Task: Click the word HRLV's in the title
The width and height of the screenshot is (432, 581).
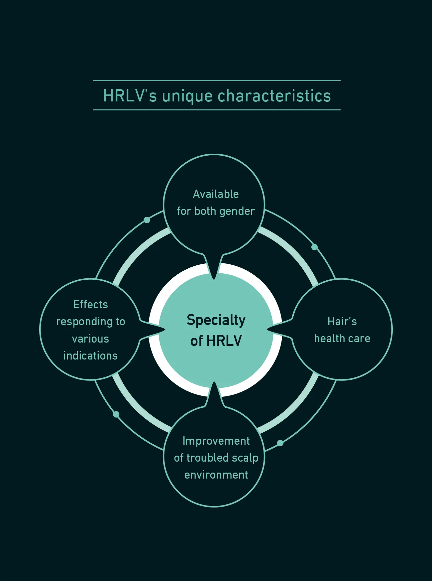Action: (x=130, y=96)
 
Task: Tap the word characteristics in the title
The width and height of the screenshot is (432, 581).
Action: (x=274, y=96)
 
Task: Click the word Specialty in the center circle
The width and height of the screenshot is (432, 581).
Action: (x=216, y=321)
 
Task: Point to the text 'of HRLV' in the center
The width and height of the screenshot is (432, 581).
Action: (x=216, y=341)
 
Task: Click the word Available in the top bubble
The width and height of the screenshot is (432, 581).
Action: (x=216, y=194)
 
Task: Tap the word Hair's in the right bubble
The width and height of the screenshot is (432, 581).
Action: (x=342, y=321)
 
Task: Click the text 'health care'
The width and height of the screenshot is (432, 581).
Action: (x=342, y=338)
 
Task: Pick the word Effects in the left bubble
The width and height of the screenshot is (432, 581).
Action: (x=91, y=304)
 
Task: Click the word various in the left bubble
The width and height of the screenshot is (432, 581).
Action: (x=90, y=339)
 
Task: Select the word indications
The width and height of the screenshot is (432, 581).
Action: (x=90, y=356)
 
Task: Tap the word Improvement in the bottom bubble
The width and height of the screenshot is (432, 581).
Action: (x=216, y=441)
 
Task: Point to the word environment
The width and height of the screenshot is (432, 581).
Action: (x=216, y=475)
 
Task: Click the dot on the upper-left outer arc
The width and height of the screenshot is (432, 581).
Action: (x=147, y=220)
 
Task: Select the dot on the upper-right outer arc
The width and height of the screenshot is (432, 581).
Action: (x=314, y=247)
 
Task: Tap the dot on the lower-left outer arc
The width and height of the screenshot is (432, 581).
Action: (x=116, y=414)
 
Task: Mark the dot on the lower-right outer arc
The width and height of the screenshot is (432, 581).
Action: (x=280, y=443)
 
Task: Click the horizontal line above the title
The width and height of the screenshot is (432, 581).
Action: (x=217, y=80)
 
